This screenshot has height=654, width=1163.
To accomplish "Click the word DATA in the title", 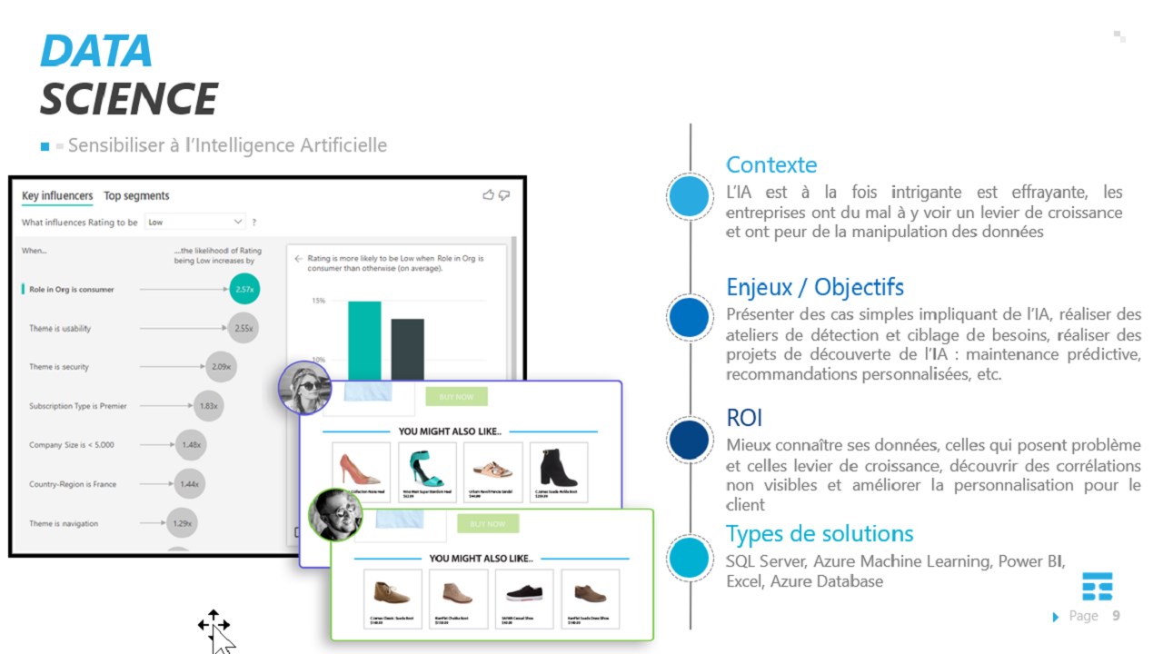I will click(95, 51).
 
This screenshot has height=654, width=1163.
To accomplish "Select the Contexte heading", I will click(770, 165).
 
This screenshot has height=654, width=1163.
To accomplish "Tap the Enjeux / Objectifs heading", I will click(814, 287).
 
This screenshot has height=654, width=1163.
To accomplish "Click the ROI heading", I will click(743, 418).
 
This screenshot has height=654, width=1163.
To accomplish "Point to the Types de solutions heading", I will click(819, 533).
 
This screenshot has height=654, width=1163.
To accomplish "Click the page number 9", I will click(1116, 616).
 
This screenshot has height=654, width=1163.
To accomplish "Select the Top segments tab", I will click(136, 196).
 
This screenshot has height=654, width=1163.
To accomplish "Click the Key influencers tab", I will click(57, 196).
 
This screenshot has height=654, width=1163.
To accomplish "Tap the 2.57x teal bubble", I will click(244, 290).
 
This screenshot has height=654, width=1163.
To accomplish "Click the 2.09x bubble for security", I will click(221, 367).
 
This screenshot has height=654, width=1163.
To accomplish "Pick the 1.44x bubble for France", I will click(189, 484).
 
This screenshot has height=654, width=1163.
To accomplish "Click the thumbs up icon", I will click(488, 194).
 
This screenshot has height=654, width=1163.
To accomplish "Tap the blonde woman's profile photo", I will click(304, 388).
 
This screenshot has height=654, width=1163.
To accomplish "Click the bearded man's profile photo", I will click(335, 515).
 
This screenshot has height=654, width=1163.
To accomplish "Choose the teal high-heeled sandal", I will click(427, 468).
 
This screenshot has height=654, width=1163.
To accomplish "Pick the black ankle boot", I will click(558, 468).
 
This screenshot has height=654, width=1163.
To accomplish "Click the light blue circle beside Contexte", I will click(691, 196).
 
